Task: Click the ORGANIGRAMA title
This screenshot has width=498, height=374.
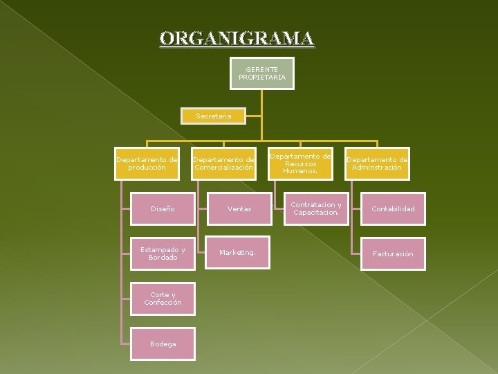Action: click(237, 39)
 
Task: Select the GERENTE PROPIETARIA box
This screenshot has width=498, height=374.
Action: click(262, 73)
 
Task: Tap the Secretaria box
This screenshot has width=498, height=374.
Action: click(214, 116)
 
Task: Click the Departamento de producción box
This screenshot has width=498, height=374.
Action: click(147, 163)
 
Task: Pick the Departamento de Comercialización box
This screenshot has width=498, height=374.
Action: click(223, 163)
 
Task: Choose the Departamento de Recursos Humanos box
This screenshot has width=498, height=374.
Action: click(300, 163)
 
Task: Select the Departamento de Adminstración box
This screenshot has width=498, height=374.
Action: click(377, 163)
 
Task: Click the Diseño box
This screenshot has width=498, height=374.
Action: click(163, 208)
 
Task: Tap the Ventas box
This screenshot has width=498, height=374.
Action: click(239, 208)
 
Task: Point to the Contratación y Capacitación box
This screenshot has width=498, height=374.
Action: click(316, 208)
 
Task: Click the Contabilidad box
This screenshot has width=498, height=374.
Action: click(393, 208)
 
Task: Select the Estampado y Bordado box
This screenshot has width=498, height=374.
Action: click(163, 253)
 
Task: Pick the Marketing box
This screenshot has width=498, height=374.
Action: click(237, 253)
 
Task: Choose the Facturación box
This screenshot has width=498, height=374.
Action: click(393, 253)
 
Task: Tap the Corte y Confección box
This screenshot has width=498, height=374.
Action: click(163, 299)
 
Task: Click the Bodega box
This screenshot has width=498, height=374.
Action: click(163, 344)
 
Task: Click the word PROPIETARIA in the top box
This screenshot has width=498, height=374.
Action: click(262, 77)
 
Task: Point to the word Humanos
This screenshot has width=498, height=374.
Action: click(300, 170)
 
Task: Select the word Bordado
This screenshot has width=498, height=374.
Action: click(163, 258)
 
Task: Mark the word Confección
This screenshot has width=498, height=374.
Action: click(163, 303)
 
